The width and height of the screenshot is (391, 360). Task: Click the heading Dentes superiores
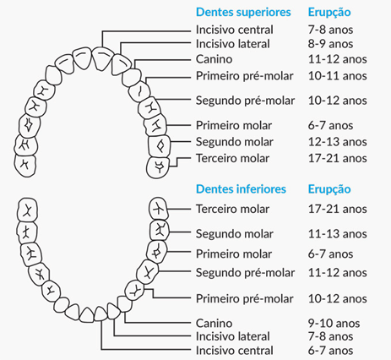pyautogui.click(x=243, y=13)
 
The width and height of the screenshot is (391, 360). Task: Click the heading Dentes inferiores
pyautogui.click(x=241, y=189)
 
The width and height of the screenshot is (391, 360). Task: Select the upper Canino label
pyautogui.click(x=215, y=59)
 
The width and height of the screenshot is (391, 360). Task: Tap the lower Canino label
pyautogui.click(x=215, y=323)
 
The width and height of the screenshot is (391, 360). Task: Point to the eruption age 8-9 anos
pyautogui.click(x=330, y=44)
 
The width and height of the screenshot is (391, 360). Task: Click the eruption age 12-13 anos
pyautogui.click(x=338, y=142)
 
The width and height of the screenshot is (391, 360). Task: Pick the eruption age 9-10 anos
pyautogui.click(x=334, y=323)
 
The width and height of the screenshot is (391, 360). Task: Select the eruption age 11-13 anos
pyautogui.click(x=338, y=234)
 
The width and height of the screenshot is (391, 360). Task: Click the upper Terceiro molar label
pyautogui.click(x=233, y=158)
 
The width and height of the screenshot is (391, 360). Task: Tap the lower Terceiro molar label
pyautogui.click(x=233, y=209)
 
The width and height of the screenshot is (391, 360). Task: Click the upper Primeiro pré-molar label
pyautogui.click(x=245, y=76)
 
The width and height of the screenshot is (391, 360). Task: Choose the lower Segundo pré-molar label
pyautogui.click(x=245, y=273)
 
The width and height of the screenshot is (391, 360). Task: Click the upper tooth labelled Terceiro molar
pyautogui.click(x=158, y=168)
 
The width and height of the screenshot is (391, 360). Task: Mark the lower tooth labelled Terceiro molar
pyautogui.click(x=159, y=209)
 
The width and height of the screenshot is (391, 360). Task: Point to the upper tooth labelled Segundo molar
pyautogui.click(x=160, y=146)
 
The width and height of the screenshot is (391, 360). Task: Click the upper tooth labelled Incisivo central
pyautogui.click(x=102, y=58)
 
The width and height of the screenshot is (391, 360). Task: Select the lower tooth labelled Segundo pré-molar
pyautogui.click(x=147, y=272)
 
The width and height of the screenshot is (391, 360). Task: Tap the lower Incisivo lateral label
pyautogui.click(x=233, y=336)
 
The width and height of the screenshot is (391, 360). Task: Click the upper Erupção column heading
pyautogui.click(x=329, y=13)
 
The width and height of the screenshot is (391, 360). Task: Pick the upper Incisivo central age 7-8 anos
pyautogui.click(x=330, y=30)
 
